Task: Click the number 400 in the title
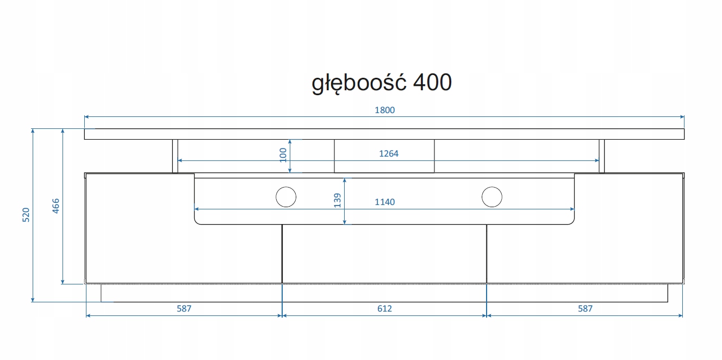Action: [x=432, y=82]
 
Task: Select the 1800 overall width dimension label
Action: [x=384, y=110]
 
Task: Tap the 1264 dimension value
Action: [x=389, y=154]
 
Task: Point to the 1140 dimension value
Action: [x=385, y=202]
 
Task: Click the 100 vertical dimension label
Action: [x=283, y=155]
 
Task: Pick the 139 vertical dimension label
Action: [x=337, y=201]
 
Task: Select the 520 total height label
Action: [x=26, y=215]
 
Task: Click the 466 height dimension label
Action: [x=55, y=207]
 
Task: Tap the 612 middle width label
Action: [x=384, y=308]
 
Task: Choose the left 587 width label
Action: [x=184, y=308]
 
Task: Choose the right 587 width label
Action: [x=585, y=308]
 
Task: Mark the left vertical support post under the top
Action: [x=175, y=156]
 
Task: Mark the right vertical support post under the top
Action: [x=602, y=156]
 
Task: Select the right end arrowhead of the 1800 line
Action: [x=682, y=116]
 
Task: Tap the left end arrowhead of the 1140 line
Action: [x=197, y=209]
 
